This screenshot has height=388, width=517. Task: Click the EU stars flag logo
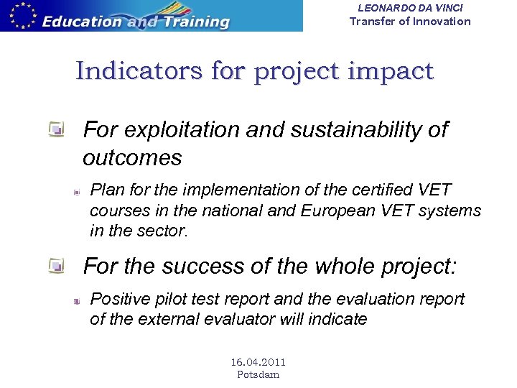20,15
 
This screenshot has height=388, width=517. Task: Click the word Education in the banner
82,21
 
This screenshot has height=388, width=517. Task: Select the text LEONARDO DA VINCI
410,7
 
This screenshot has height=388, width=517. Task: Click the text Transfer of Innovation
410,21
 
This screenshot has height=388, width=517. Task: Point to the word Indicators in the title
135,71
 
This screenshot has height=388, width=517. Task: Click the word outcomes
132,157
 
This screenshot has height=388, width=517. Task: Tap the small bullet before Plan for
75,192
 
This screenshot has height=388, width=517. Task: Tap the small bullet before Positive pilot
75,300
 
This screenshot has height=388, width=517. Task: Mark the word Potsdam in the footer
258,374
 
